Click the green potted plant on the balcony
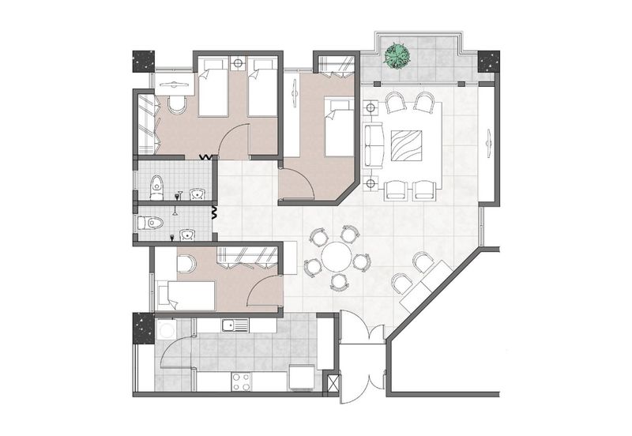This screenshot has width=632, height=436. tap(397, 54)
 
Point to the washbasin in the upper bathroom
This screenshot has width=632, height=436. tap(197, 194)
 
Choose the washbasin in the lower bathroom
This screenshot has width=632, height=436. tap(187, 234)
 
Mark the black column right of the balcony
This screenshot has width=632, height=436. tap(489, 61)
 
